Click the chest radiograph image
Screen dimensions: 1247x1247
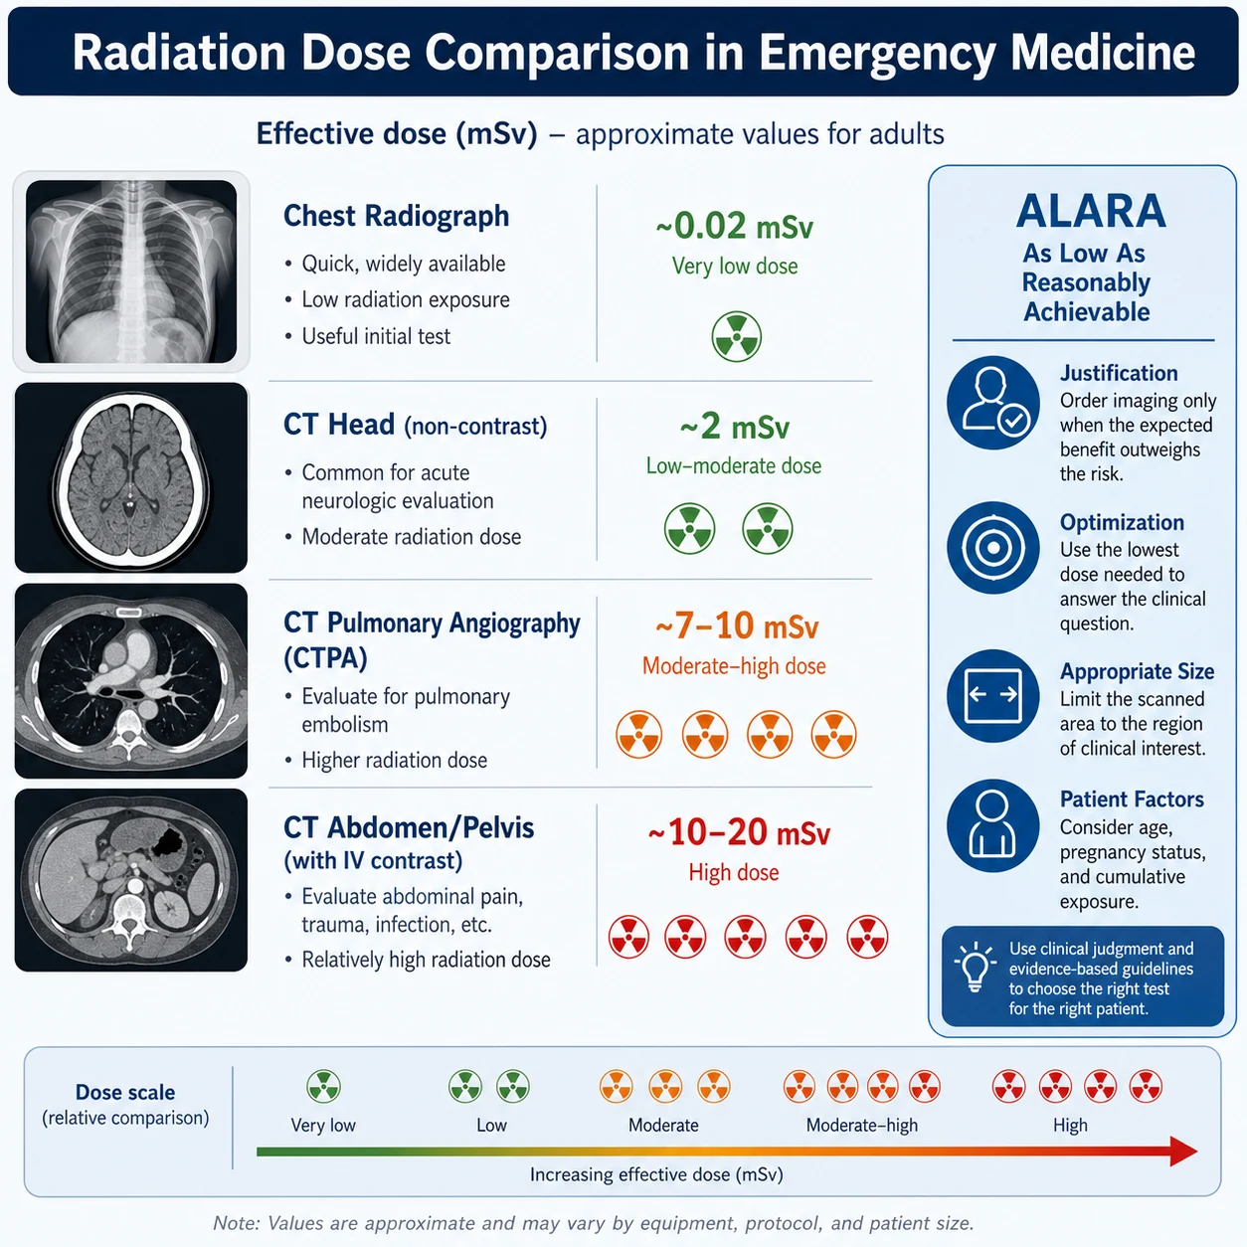tap(130, 271)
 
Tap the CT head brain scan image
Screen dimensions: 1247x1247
tap(130, 477)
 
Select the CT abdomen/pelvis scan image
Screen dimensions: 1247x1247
tap(130, 879)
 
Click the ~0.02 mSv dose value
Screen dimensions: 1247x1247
tap(735, 227)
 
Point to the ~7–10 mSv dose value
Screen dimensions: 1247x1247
tap(737, 625)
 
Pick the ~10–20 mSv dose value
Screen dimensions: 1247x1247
tap(739, 832)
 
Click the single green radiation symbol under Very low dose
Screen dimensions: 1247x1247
tap(737, 336)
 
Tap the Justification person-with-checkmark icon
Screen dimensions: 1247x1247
tap(993, 403)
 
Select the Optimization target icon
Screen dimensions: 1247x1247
tap(993, 548)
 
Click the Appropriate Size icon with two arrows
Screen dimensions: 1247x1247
tap(993, 696)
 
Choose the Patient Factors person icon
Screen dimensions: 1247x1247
tap(993, 825)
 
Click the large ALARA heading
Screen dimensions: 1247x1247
tap(1091, 212)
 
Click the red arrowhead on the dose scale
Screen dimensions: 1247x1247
tap(1183, 1152)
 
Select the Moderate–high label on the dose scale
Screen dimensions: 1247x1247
tap(862, 1126)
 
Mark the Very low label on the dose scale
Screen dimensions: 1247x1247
tap(323, 1126)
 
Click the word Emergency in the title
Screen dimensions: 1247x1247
tap(877, 53)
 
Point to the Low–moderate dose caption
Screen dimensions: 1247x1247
tap(734, 466)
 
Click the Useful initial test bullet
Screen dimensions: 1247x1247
tap(376, 336)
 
